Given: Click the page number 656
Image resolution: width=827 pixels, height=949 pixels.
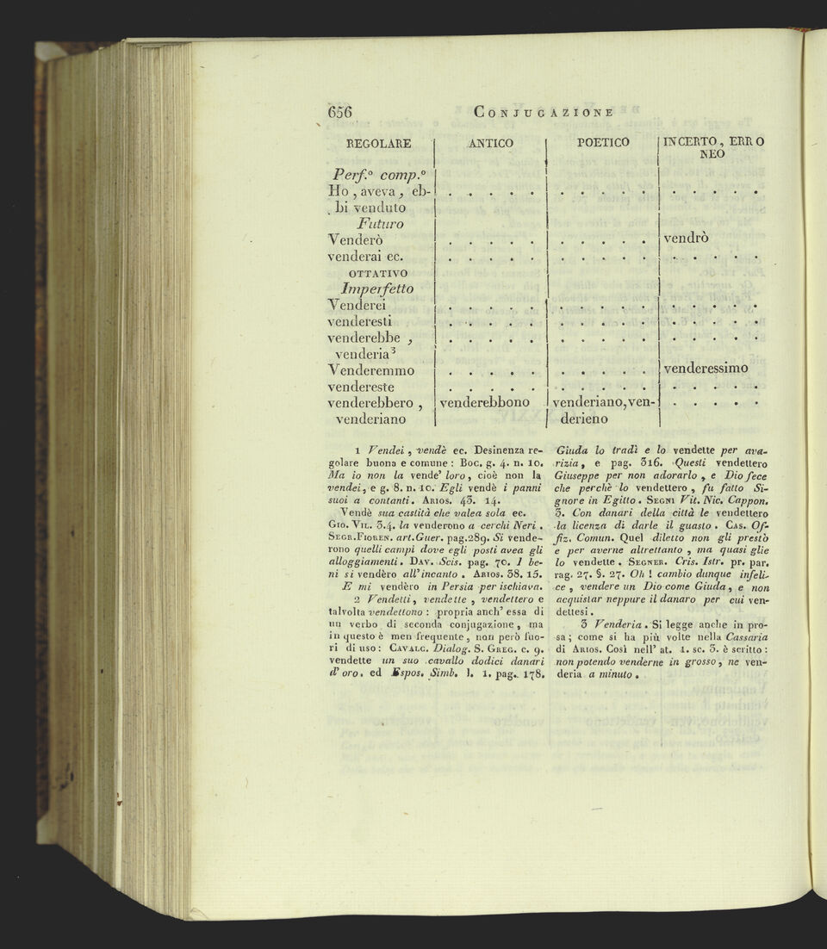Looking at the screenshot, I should coord(341,112).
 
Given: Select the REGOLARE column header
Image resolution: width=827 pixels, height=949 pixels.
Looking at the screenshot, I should coord(378,143).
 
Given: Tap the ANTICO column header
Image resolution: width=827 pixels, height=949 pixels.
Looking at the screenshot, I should coord(490,143).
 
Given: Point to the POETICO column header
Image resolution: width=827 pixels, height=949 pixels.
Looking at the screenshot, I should coord(603,142).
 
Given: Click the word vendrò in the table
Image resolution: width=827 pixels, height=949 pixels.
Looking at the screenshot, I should coord(687,239).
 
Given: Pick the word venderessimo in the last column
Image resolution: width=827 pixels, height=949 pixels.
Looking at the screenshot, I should coord(706,369).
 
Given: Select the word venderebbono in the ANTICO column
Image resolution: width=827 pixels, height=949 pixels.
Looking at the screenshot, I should coord(490,402).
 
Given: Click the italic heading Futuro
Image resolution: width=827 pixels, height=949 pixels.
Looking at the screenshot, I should coord(368,223).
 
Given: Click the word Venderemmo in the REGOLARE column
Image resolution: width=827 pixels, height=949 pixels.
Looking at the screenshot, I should coord(371,370).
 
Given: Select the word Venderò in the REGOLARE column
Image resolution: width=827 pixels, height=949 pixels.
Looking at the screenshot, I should coord(356,239).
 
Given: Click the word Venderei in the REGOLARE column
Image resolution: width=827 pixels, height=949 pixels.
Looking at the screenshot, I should coord(357,305).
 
